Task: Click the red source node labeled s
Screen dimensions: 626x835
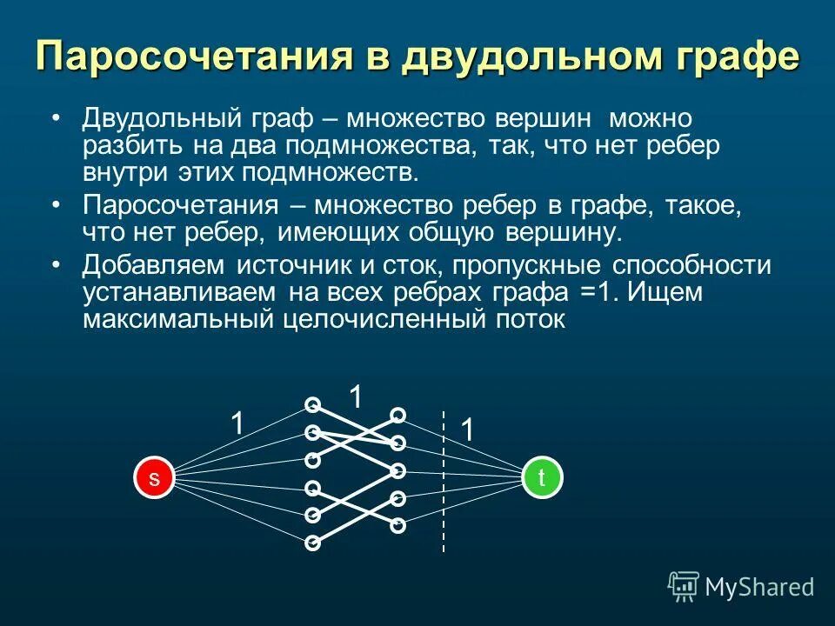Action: (154, 478)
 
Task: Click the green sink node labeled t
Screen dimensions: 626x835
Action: (542, 477)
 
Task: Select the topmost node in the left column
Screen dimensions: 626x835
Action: (312, 404)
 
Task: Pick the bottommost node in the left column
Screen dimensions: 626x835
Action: (312, 543)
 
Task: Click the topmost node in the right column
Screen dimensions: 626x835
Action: (397, 414)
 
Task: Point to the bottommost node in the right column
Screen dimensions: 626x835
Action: (397, 525)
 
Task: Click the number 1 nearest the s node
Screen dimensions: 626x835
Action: (236, 424)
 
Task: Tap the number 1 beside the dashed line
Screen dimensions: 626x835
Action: (467, 430)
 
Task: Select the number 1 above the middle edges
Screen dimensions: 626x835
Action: (355, 397)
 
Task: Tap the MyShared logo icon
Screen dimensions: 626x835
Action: (684, 586)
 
